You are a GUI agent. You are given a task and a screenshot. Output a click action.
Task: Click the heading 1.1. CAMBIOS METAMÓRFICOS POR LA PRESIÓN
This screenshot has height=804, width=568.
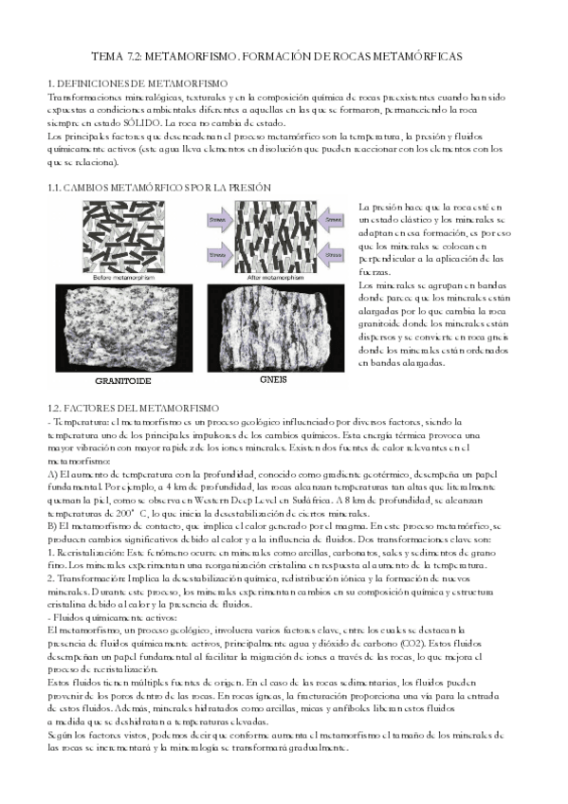159,189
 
